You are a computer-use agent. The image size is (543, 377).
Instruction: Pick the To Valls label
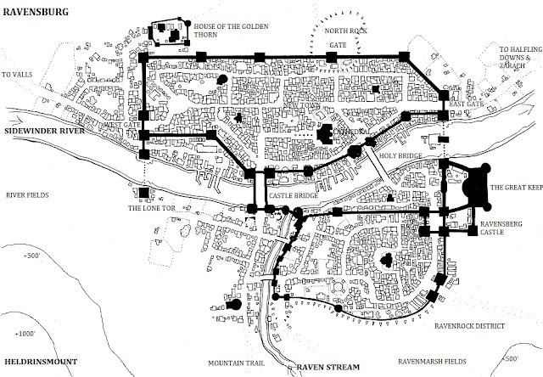pos(17,75)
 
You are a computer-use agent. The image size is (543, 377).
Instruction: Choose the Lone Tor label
pos(147,207)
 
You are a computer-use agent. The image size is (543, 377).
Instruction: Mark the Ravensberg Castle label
pos(498,228)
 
